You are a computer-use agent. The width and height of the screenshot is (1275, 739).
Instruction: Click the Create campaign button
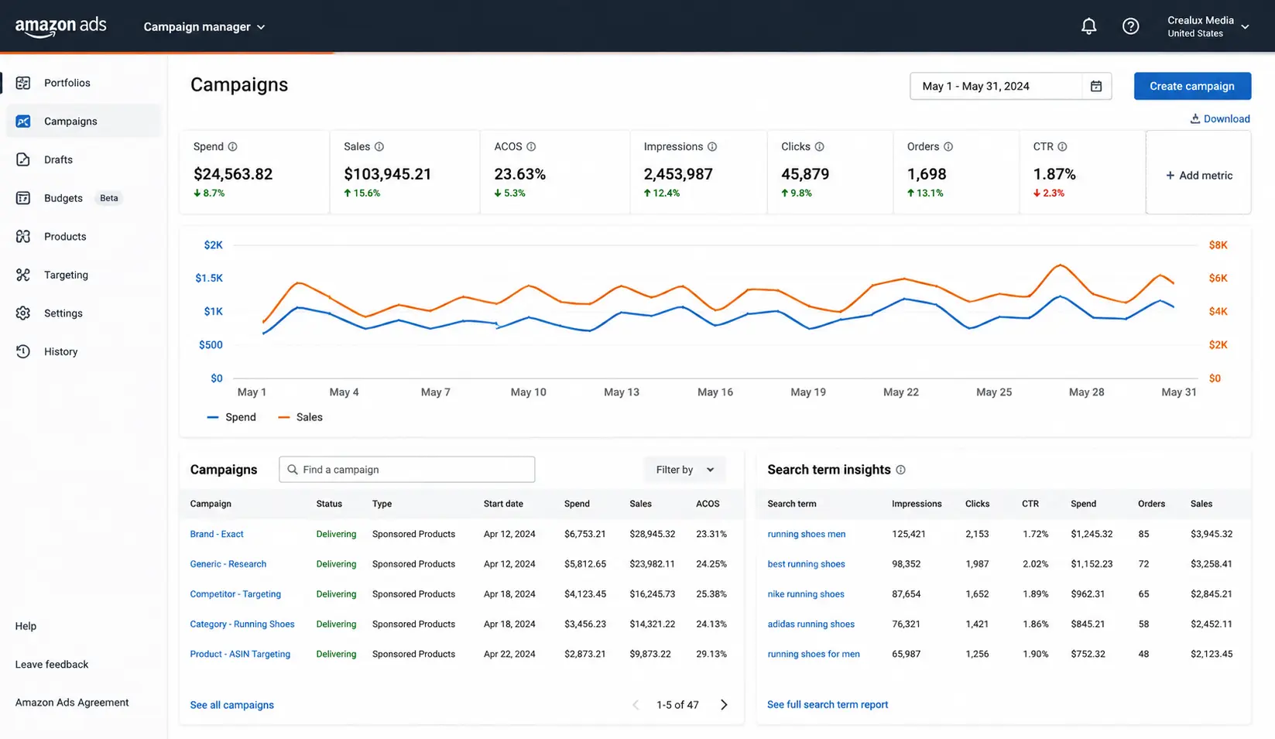tap(1192, 86)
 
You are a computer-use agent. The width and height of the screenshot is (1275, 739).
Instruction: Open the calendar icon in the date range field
tap(1095, 86)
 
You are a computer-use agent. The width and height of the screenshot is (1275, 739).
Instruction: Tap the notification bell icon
tap(1088, 26)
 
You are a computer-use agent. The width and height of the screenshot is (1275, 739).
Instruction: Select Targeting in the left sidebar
tap(66, 275)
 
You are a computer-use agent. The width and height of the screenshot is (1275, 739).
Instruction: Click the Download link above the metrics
tap(1220, 118)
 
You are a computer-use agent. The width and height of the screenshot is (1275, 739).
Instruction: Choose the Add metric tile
tap(1198, 175)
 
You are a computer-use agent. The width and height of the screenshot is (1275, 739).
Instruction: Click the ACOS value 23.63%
tap(519, 174)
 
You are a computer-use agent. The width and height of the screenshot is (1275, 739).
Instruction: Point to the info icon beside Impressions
tap(712, 147)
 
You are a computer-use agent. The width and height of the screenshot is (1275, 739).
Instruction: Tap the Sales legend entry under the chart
tap(300, 417)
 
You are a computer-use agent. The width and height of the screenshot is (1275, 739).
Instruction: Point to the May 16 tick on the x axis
tap(715, 392)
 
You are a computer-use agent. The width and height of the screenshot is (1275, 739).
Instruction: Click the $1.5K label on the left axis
tap(209, 278)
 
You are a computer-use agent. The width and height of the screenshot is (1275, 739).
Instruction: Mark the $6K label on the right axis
tap(1218, 278)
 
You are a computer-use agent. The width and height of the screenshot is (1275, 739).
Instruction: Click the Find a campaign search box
tap(406, 470)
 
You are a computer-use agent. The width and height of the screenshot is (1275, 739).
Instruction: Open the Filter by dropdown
tap(685, 470)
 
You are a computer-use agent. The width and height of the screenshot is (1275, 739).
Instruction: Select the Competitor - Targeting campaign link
tap(235, 594)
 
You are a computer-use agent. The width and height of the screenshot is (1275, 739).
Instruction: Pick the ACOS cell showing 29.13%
tap(711, 654)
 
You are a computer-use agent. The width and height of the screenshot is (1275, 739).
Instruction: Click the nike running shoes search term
tap(805, 594)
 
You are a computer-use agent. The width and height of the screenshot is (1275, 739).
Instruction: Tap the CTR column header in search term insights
tap(1030, 504)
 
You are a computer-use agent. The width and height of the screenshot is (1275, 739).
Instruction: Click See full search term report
tap(827, 704)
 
